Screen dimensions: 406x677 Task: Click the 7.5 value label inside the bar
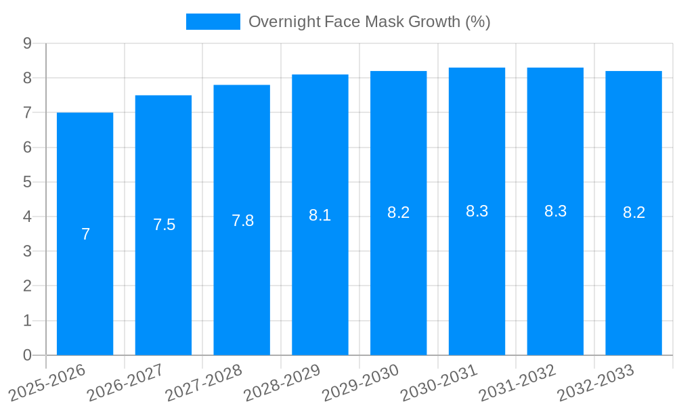pyautogui.click(x=164, y=225)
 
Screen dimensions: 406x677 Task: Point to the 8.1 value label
pyautogui.click(x=320, y=215)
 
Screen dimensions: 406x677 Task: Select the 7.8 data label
pyautogui.click(x=242, y=221)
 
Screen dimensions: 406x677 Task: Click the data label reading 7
pyautogui.click(x=85, y=234)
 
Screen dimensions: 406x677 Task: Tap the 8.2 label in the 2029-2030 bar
pyautogui.click(x=398, y=212)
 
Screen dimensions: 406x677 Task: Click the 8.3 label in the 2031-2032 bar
pyautogui.click(x=555, y=211)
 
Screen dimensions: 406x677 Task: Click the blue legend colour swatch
pyautogui.click(x=213, y=22)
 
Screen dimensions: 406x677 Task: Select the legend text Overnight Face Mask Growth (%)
pyautogui.click(x=369, y=22)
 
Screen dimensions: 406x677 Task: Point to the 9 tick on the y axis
pyautogui.click(x=27, y=43)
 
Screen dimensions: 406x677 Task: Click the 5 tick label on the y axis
pyautogui.click(x=27, y=182)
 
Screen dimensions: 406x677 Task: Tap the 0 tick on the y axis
pyautogui.click(x=27, y=355)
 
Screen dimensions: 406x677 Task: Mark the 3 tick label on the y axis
pyautogui.click(x=27, y=251)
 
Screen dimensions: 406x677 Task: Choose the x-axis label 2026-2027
pyautogui.click(x=126, y=382)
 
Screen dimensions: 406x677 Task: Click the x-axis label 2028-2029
pyautogui.click(x=282, y=382)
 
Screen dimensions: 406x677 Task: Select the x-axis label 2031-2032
pyautogui.click(x=518, y=382)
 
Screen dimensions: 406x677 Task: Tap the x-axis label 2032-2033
pyautogui.click(x=596, y=382)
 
